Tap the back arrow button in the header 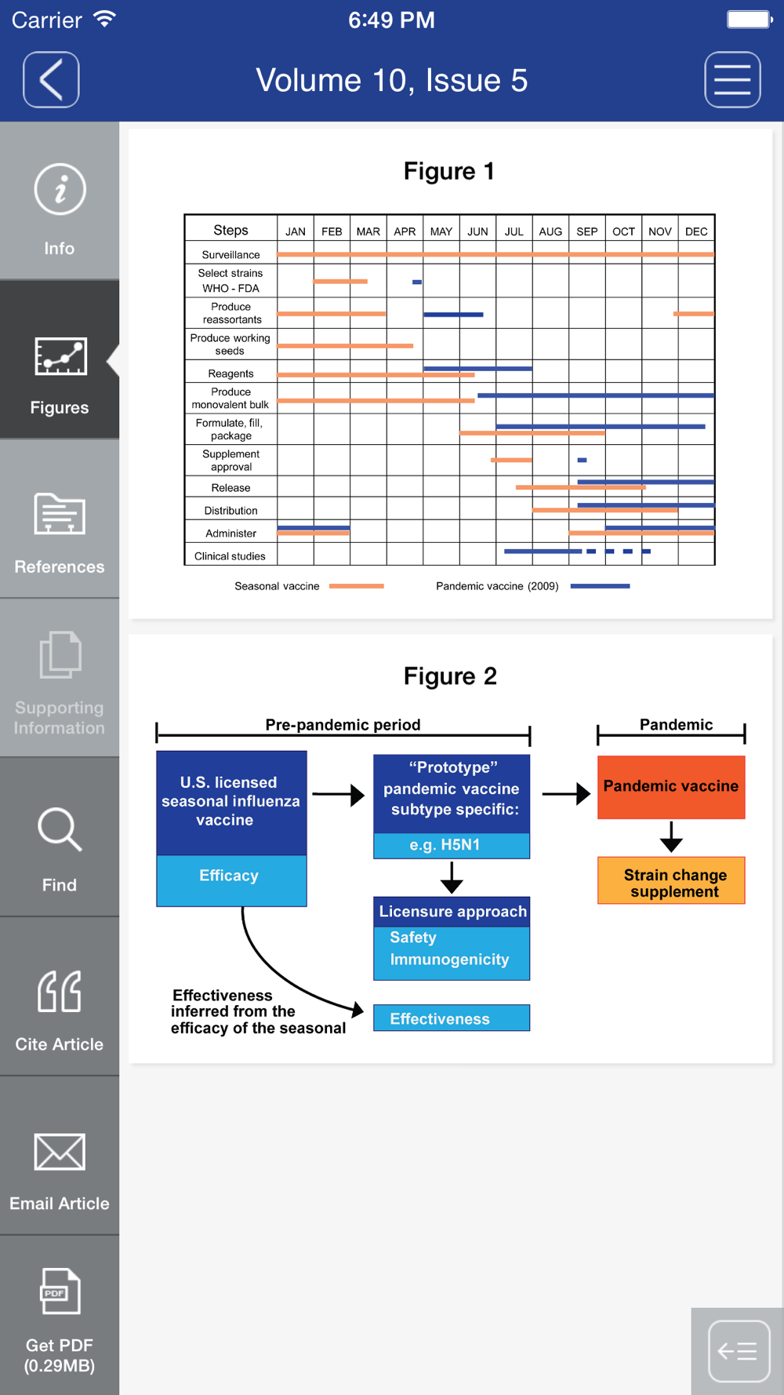pyautogui.click(x=51, y=79)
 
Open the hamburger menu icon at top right pyautogui.click(x=732, y=79)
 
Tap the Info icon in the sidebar pyautogui.click(x=60, y=189)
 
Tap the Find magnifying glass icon pyautogui.click(x=60, y=829)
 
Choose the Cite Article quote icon pyautogui.click(x=60, y=991)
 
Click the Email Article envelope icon pyautogui.click(x=60, y=1152)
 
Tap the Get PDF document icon pyautogui.click(x=60, y=1291)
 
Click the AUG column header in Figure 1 pyautogui.click(x=550, y=231)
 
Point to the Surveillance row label pyautogui.click(x=230, y=255)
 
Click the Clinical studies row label pyautogui.click(x=230, y=556)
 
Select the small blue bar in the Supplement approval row pyautogui.click(x=582, y=460)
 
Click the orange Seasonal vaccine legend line pyautogui.click(x=357, y=586)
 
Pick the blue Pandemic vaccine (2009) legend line pyautogui.click(x=601, y=586)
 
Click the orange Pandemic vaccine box pyautogui.click(x=671, y=787)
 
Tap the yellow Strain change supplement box pyautogui.click(x=671, y=880)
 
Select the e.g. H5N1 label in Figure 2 pyautogui.click(x=445, y=845)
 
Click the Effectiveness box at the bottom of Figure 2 pyautogui.click(x=452, y=1018)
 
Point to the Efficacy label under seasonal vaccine pyautogui.click(x=229, y=876)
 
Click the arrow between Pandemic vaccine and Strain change pyautogui.click(x=671, y=836)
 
